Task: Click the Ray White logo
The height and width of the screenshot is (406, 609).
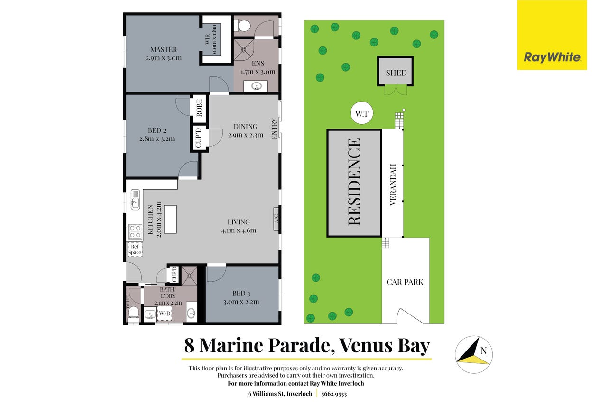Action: (552, 35)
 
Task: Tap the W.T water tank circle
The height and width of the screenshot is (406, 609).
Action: (362, 113)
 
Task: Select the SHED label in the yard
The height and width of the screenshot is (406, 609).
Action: (396, 73)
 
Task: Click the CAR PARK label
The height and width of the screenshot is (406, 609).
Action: (405, 282)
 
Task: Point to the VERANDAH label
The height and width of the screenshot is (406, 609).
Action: (393, 185)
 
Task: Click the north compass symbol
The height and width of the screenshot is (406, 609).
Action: (474, 355)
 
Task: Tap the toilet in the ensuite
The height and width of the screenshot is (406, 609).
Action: (242, 26)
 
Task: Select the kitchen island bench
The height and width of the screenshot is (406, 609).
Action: (170, 219)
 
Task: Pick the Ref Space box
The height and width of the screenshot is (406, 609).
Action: (135, 249)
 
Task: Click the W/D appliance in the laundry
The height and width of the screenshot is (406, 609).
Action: (165, 313)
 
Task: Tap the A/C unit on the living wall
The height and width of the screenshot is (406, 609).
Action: (276, 219)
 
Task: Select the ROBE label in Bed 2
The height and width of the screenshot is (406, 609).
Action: (199, 108)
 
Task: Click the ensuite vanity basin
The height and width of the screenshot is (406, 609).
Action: (256, 86)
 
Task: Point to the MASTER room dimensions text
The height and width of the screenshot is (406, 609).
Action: (164, 58)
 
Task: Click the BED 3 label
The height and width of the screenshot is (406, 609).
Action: (241, 294)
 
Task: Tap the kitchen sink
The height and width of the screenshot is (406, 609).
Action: (135, 200)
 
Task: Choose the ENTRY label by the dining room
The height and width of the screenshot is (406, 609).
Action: (274, 129)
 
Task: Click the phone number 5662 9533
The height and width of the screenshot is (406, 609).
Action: (334, 394)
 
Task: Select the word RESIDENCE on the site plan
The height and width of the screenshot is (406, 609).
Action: (354, 182)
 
